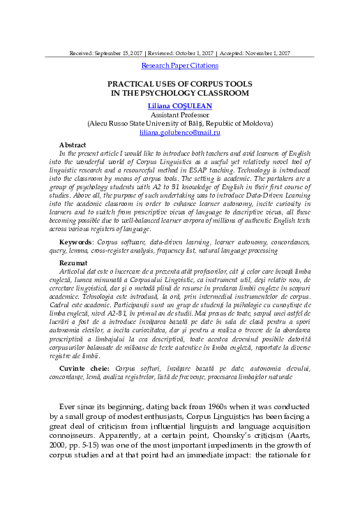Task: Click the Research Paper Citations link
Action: pos(180,66)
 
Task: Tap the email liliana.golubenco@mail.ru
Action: pos(180,131)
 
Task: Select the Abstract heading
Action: pos(73,144)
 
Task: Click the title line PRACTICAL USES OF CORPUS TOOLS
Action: pos(180,83)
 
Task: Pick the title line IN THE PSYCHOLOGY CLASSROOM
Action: pos(180,92)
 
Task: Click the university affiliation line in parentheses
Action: pos(180,122)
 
